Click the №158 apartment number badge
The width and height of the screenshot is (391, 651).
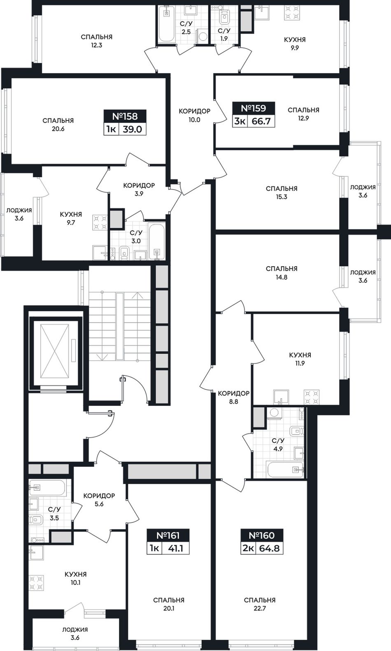tap(125, 116)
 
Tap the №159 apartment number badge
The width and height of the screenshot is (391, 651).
tap(254, 109)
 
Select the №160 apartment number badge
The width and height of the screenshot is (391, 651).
tap(261, 535)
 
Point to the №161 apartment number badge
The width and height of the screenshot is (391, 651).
tap(168, 535)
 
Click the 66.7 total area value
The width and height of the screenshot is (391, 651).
tap(261, 121)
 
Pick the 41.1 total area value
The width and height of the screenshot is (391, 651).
tap(176, 549)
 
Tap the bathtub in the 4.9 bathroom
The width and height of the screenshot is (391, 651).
tap(285, 469)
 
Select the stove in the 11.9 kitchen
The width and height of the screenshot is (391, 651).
tap(312, 397)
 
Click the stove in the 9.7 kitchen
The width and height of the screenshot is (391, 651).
tap(100, 222)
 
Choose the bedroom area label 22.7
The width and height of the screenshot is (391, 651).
tap(260, 608)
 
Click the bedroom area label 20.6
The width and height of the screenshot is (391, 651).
tap(58, 129)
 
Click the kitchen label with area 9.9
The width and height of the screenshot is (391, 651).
tap(295, 48)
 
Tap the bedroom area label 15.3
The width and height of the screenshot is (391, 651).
tap(282, 197)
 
